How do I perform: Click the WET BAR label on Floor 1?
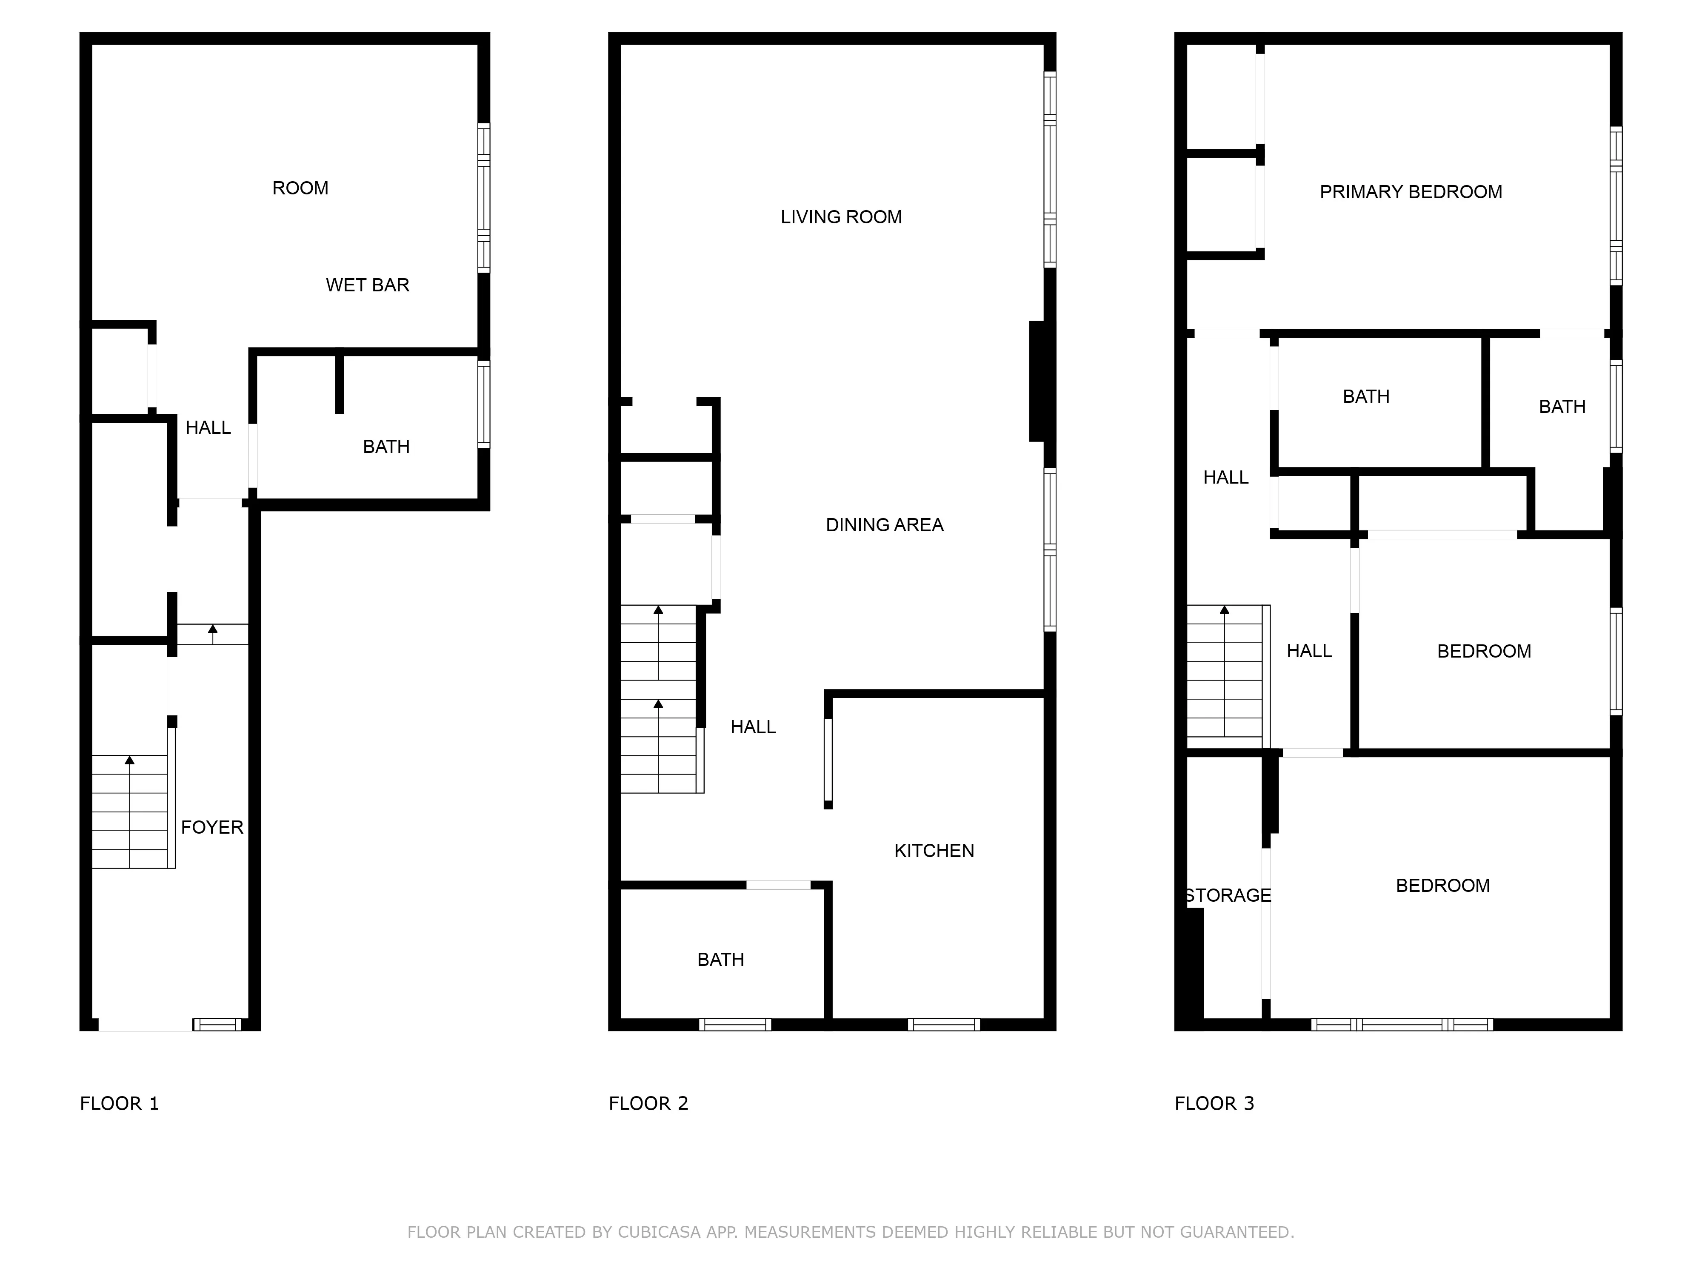367,285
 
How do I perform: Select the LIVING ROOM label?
841,218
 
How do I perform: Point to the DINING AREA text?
884,525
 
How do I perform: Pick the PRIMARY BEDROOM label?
1411,192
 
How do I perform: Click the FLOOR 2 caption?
648,1104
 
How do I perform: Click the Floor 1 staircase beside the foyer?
129,812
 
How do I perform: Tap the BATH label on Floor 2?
720,960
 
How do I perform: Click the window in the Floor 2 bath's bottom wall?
735,1025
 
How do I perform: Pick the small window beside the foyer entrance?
217,1025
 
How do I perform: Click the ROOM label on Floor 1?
300,188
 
